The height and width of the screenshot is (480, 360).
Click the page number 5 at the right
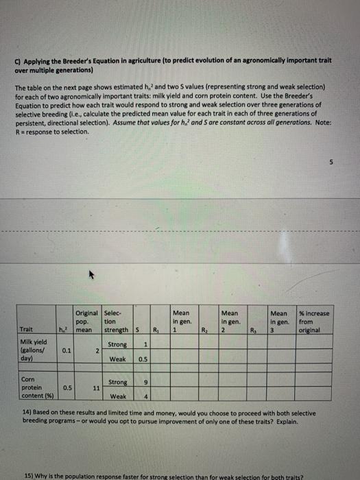pyautogui.click(x=328, y=163)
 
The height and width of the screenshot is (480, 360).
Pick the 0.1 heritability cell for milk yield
pyautogui.click(x=66, y=350)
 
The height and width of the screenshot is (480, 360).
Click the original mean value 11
pyautogui.click(x=96, y=387)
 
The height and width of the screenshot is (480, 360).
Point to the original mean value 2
pyautogui.click(x=97, y=350)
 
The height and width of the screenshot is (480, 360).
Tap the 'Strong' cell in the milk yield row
pyautogui.click(x=117, y=344)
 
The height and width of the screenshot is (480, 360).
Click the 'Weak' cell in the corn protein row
pyautogui.click(x=117, y=396)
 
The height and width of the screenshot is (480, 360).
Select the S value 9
pyautogui.click(x=145, y=381)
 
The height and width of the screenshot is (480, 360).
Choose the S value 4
pyautogui.click(x=145, y=396)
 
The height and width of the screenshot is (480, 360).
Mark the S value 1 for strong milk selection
pyautogui.click(x=146, y=344)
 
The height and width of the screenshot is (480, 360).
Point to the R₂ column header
pyautogui.click(x=204, y=329)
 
